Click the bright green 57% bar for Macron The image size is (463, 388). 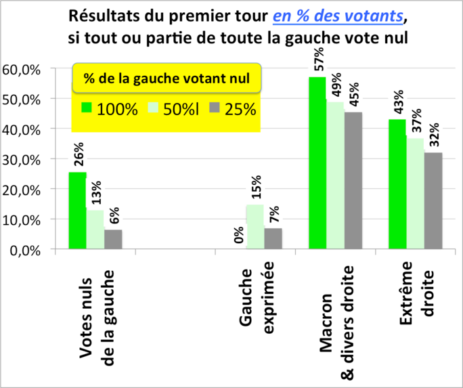click(317, 163)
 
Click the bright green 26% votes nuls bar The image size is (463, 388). click(78, 211)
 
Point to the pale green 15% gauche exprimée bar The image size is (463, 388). click(255, 227)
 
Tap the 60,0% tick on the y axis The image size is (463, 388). click(23, 69)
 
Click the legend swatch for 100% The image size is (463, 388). click(87, 107)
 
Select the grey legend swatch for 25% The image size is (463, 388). click(215, 107)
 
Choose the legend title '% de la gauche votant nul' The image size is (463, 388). click(167, 79)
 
